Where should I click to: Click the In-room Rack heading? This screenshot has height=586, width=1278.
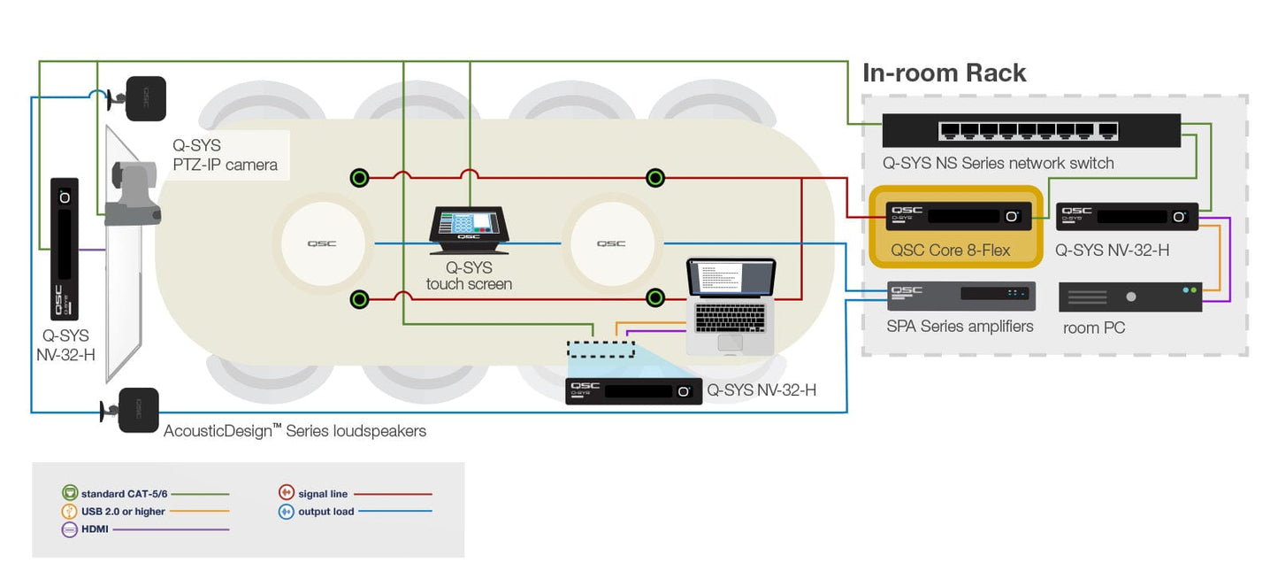click(x=944, y=73)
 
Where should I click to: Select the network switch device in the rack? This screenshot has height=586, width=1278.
click(x=1030, y=131)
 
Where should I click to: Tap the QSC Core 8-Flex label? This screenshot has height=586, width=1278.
click(x=950, y=250)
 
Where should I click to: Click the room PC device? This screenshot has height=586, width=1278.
click(x=1129, y=297)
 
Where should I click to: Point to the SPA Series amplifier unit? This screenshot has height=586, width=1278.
click(x=960, y=296)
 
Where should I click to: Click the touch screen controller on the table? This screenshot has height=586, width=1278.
click(x=468, y=225)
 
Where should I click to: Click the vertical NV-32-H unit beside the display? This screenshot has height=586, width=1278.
click(x=65, y=249)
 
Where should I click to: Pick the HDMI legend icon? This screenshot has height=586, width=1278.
click(x=70, y=529)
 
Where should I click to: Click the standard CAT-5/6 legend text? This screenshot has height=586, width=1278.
click(x=124, y=494)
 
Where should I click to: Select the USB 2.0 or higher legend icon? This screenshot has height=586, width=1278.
click(x=70, y=512)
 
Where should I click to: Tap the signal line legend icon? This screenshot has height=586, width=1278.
click(x=286, y=494)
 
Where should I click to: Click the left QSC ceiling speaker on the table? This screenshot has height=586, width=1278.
click(x=322, y=243)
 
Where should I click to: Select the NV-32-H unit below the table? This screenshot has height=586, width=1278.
click(x=633, y=390)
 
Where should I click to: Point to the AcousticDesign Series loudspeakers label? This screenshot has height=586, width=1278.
click(x=295, y=431)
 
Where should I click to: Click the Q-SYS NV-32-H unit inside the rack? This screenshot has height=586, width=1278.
click(x=1127, y=216)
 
